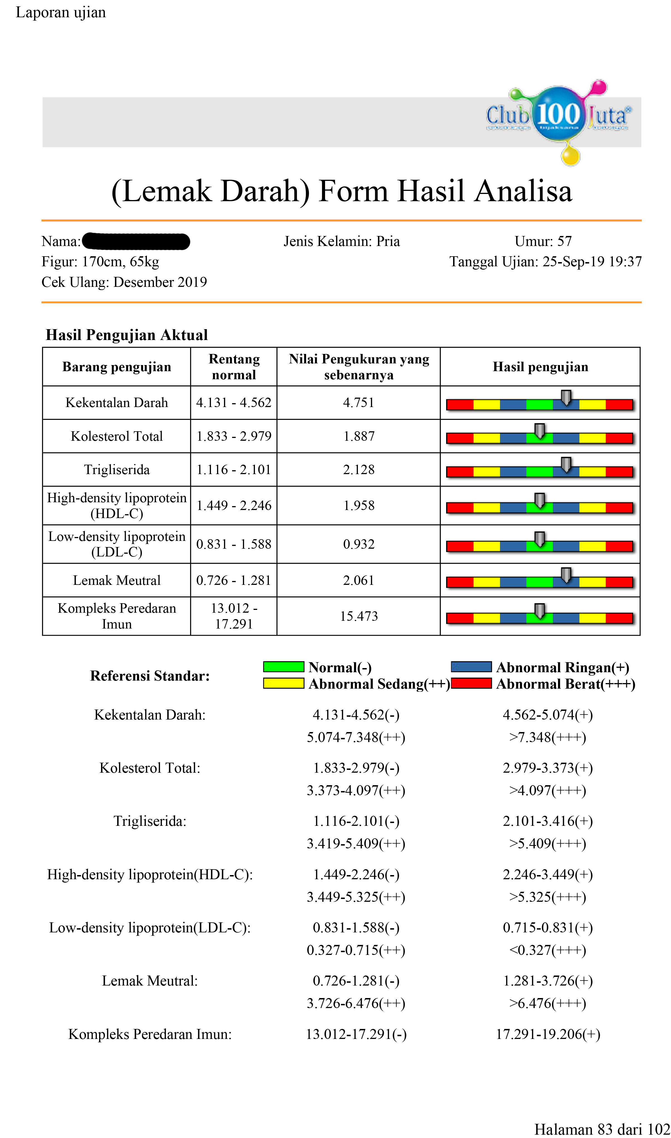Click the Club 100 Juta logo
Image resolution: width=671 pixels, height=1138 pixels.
558,117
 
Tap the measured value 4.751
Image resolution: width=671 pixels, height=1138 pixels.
358,403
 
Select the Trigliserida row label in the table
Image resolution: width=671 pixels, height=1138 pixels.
117,470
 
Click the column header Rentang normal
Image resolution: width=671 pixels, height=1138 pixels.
234,366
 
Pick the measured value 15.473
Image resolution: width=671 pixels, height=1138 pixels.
358,616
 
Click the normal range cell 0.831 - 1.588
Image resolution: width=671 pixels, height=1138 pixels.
234,544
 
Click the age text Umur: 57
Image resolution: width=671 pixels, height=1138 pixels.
543,241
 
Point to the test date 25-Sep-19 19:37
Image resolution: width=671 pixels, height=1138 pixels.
592,262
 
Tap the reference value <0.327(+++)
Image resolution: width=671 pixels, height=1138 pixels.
547,950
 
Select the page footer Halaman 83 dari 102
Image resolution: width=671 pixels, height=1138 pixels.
602,1129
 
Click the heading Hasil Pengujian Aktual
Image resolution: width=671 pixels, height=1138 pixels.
127,335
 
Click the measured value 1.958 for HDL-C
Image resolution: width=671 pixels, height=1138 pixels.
358,505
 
